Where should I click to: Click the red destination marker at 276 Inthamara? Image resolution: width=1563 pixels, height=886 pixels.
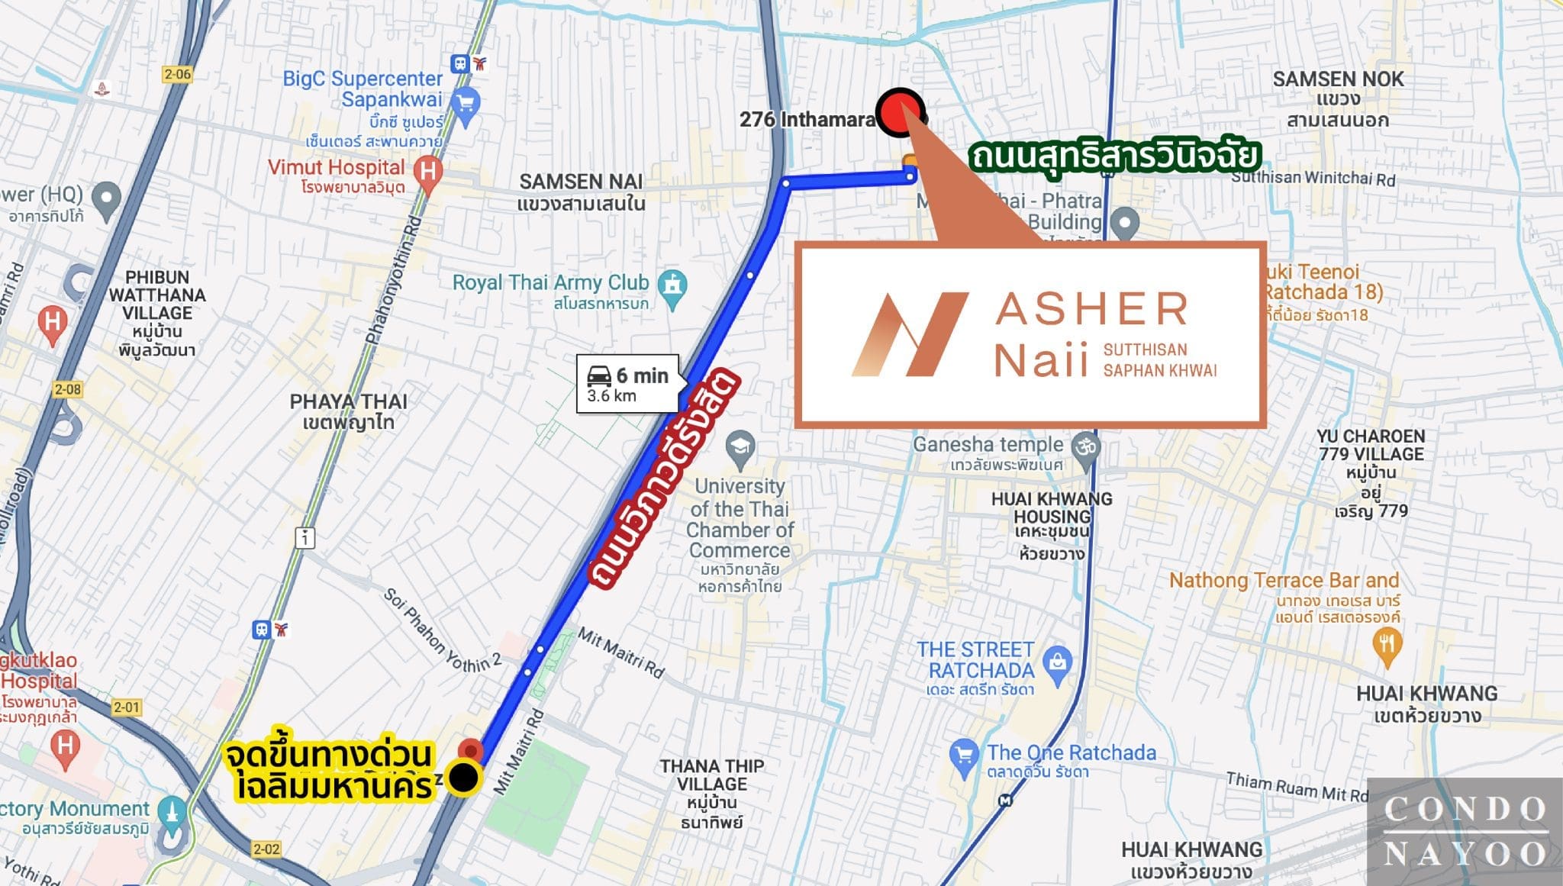(900, 113)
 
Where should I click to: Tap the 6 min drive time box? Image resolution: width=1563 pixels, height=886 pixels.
(627, 384)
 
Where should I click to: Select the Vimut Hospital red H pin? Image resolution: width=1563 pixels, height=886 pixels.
(428, 172)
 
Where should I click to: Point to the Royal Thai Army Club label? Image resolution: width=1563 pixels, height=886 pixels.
(550, 283)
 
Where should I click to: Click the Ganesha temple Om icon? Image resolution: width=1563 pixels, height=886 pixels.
(1085, 446)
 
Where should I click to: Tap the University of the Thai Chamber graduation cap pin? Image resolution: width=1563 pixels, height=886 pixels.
(740, 447)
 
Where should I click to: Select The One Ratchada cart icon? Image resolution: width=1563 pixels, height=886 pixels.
(964, 755)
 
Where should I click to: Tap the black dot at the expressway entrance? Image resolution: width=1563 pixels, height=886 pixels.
(463, 778)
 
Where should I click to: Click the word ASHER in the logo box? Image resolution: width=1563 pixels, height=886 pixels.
(1092, 309)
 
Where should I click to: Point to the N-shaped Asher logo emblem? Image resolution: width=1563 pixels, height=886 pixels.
(909, 334)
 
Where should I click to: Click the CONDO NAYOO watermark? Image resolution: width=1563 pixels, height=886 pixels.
(1465, 831)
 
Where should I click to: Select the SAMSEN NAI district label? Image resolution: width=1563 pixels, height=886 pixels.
(581, 192)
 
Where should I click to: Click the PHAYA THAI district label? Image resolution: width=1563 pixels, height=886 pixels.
(348, 411)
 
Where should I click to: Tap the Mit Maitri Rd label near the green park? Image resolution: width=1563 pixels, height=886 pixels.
(519, 752)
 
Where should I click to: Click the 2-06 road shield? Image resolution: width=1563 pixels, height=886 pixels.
(178, 74)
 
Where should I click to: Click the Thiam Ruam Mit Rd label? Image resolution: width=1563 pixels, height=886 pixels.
(1297, 787)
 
